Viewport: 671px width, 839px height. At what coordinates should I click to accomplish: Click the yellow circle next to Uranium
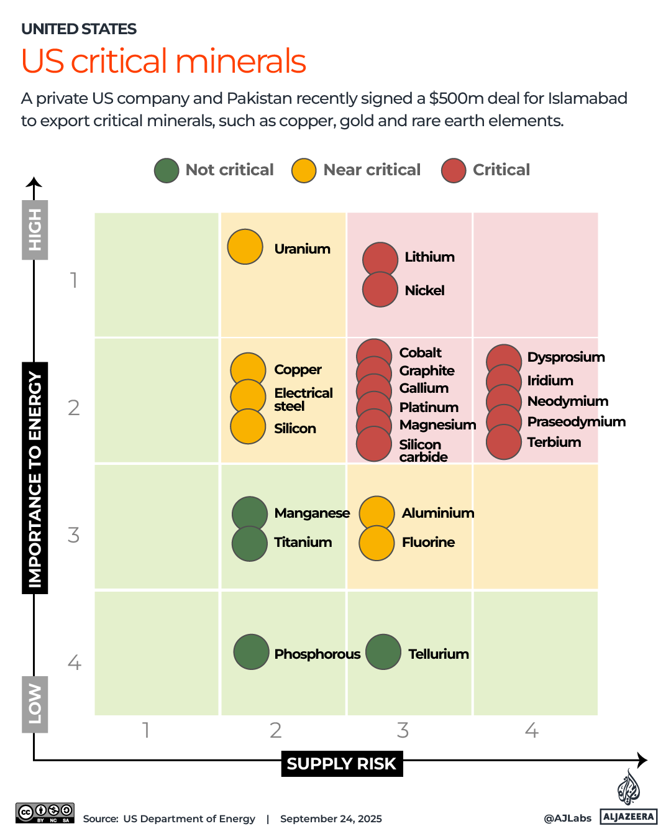click(245, 247)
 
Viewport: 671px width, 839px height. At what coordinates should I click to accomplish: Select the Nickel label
click(424, 290)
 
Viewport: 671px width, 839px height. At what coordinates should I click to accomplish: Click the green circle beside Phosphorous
click(251, 652)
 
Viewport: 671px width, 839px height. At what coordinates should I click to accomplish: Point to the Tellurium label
click(438, 654)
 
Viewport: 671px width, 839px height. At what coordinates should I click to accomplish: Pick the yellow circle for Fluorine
click(377, 543)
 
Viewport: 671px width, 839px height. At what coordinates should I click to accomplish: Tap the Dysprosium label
click(565, 357)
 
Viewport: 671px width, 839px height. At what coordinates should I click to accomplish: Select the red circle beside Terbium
click(503, 442)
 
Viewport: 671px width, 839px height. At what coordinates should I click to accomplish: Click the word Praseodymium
click(576, 421)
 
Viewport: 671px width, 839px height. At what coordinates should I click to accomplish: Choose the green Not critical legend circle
click(167, 170)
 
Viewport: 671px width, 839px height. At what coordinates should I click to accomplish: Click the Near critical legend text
click(372, 170)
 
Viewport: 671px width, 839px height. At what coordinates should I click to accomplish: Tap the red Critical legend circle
click(454, 170)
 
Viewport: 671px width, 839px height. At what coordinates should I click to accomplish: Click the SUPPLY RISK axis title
click(341, 764)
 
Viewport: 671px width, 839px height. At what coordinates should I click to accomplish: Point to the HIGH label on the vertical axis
click(35, 230)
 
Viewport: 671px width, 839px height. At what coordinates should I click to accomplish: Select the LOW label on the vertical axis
click(35, 704)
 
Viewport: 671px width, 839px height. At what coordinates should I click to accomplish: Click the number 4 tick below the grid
click(531, 730)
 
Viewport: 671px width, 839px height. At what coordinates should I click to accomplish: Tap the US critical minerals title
click(163, 61)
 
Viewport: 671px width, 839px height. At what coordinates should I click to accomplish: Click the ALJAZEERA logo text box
click(629, 817)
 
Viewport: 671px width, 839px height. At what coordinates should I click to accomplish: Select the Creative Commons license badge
click(45, 813)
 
